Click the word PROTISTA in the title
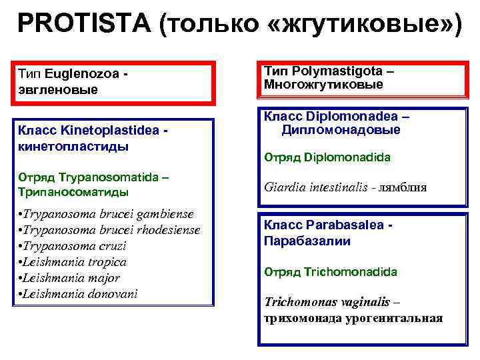pos(84,25)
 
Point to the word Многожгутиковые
pos(323,85)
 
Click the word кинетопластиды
pos(64,147)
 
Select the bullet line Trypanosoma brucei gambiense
pos(107,213)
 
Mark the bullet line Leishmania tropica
pos(73,261)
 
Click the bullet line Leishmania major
pos(70,277)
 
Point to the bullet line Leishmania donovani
pos(78,293)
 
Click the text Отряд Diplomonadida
pos(327,158)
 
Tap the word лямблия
pos(403,188)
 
